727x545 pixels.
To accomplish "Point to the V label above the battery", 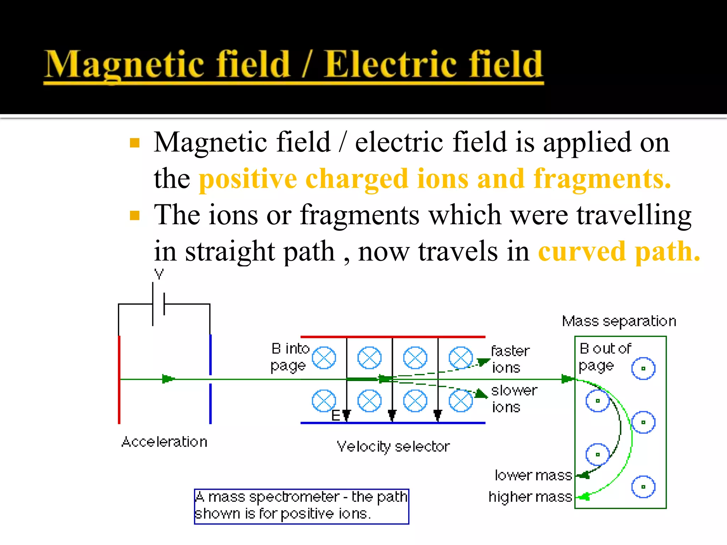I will pos(159,274).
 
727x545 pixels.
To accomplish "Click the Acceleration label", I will pos(164,442).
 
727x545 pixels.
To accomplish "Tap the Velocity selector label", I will pos(393,446).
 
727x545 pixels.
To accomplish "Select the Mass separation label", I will pos(619,321).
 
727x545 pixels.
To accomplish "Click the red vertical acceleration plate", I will pos(119,380).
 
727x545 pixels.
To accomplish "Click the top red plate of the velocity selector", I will pos(393,337).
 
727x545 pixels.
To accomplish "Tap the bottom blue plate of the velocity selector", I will pos(393,423).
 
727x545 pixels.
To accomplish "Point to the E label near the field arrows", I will pos(335,415).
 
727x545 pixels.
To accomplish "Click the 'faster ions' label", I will pos(510,359).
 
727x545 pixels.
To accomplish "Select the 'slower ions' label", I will pos(513,399).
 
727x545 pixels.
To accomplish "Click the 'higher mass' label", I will pos(530,497).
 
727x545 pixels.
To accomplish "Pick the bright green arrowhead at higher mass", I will pos(584,496).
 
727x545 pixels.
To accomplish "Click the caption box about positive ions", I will pos(301,506).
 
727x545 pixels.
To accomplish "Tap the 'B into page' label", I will pos(289,357).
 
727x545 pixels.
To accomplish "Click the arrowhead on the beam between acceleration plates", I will pos(168,379).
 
